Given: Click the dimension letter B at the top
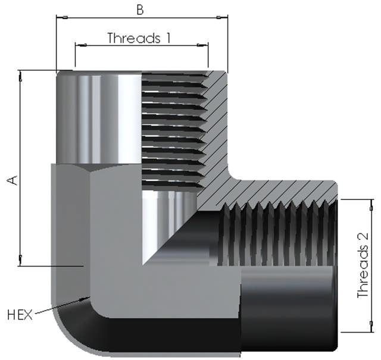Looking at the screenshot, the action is click(140, 10).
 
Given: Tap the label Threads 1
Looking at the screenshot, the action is click(139, 38).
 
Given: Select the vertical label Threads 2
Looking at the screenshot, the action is click(363, 265).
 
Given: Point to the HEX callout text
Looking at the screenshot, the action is click(20, 315).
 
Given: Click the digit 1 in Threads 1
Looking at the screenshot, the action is click(167, 38).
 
